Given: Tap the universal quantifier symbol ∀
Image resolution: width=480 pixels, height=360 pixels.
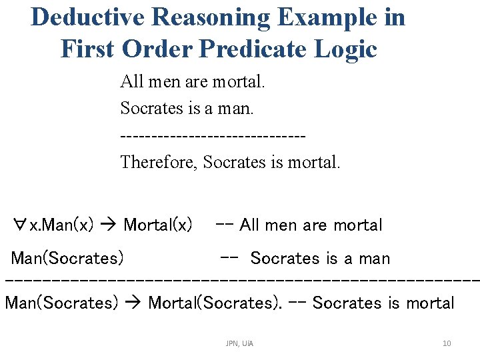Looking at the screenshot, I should pos(20,225).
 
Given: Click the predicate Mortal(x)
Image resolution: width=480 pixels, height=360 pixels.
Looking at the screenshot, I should pos(158,225).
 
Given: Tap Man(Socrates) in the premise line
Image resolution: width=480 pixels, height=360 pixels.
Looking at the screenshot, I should pos(67,258).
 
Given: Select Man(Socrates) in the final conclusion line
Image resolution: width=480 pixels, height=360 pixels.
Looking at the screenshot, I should pos(61,303).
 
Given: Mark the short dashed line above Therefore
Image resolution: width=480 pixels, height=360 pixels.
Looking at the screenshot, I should pos(213,136).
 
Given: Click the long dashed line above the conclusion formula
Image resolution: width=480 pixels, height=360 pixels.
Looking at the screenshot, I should pos(240,281).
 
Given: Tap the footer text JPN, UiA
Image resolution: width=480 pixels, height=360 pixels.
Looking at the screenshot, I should pos(239,343).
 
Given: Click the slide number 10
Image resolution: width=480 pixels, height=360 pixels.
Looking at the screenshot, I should pos(447,343).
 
